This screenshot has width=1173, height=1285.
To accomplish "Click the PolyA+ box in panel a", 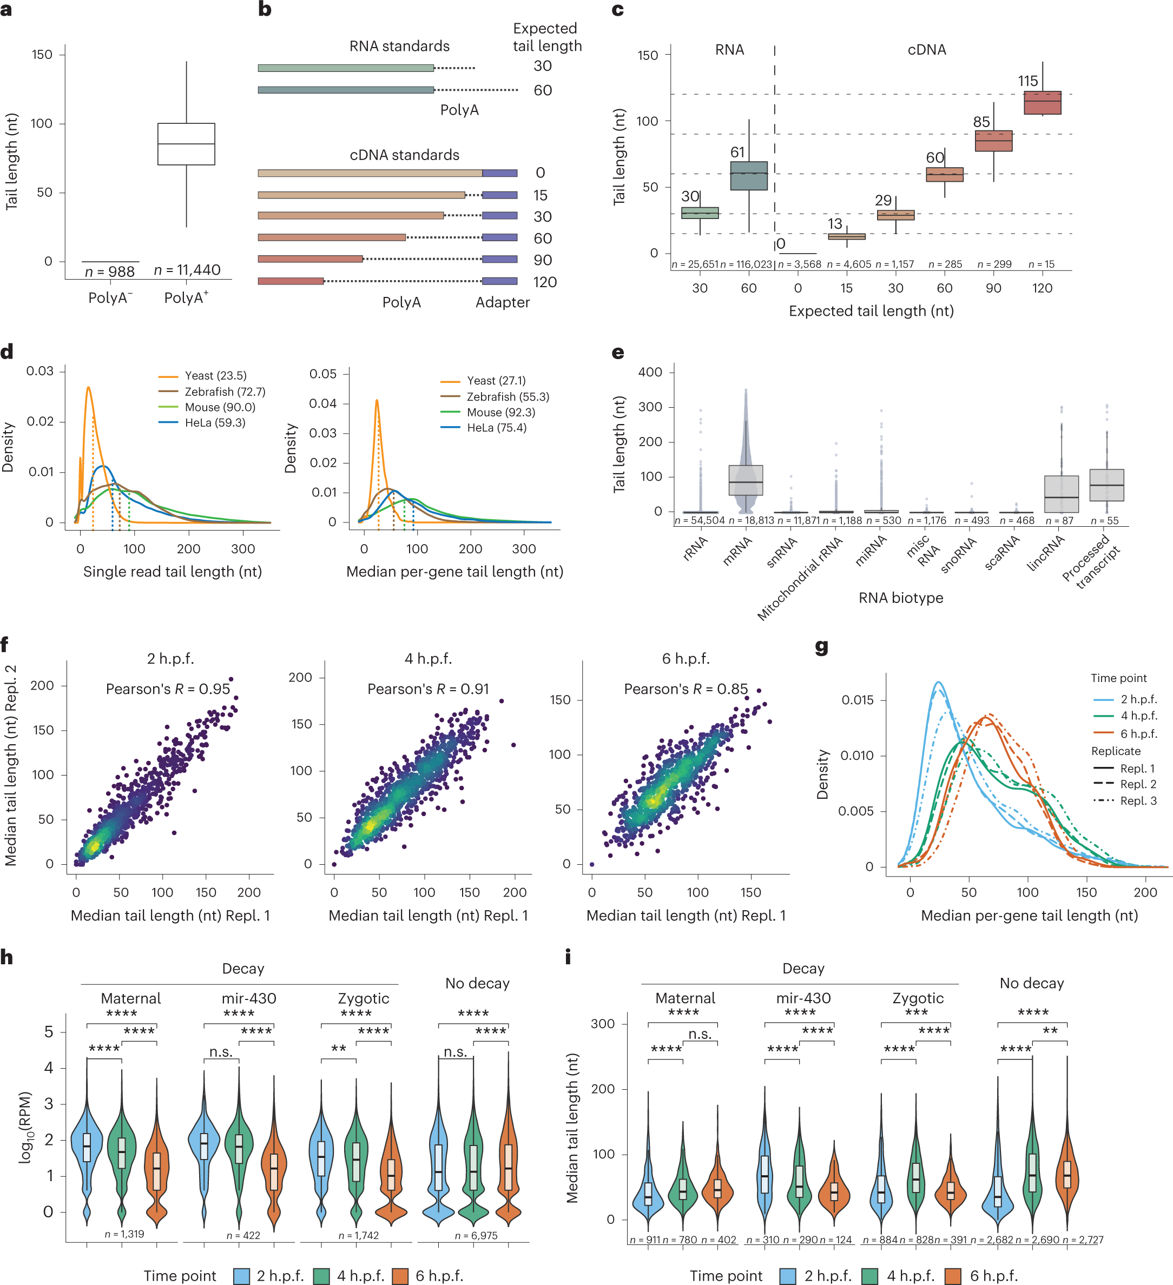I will click(x=186, y=144).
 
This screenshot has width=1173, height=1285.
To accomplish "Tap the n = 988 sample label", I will click(x=110, y=271).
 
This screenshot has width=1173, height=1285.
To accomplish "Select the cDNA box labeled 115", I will click(x=1042, y=103).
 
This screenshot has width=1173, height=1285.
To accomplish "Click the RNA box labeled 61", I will click(x=749, y=176).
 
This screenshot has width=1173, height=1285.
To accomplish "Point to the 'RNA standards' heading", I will click(x=399, y=46).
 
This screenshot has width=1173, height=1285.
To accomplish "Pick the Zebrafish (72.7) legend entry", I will click(x=225, y=392).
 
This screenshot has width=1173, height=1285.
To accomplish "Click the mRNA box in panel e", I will click(x=746, y=480).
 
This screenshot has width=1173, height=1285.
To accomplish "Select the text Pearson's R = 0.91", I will click(x=429, y=689).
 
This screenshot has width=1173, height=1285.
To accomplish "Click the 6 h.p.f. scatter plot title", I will click(x=686, y=658).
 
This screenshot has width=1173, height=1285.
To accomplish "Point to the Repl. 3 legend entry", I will click(x=1138, y=800).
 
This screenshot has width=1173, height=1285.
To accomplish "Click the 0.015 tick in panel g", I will click(x=857, y=700).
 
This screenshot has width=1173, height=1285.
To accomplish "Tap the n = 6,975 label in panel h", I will click(x=476, y=1235).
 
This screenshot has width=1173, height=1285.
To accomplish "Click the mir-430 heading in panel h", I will click(x=249, y=998).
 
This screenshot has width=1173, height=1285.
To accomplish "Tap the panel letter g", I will click(x=822, y=647).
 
